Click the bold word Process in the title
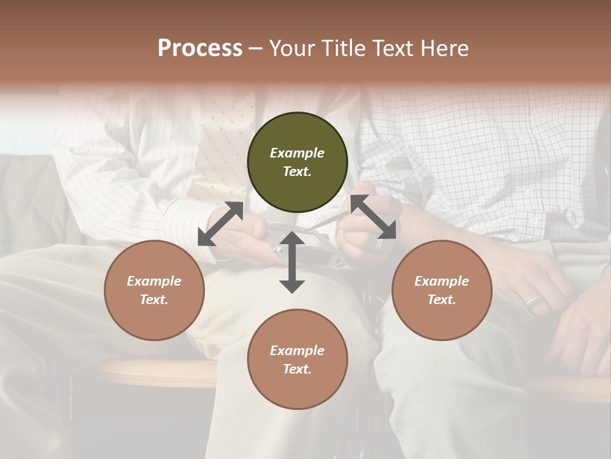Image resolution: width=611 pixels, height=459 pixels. pyautogui.click(x=200, y=48)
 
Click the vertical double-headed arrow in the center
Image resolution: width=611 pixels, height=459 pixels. pyautogui.click(x=292, y=262)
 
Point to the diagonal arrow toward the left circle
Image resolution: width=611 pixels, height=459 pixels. pyautogui.click(x=221, y=223)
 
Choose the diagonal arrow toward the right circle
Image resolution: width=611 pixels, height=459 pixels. pyautogui.click(x=373, y=217)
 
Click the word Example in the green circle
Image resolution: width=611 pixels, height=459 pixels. pyautogui.click(x=297, y=153)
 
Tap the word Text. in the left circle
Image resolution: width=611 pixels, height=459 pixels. pyautogui.click(x=154, y=300)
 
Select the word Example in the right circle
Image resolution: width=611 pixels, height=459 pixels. pyautogui.click(x=442, y=281)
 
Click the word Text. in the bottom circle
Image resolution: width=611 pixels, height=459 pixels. pyautogui.click(x=297, y=369)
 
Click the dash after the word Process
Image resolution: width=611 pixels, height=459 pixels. pyautogui.click(x=255, y=48)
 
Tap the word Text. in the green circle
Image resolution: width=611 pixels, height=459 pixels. pyautogui.click(x=297, y=171)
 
